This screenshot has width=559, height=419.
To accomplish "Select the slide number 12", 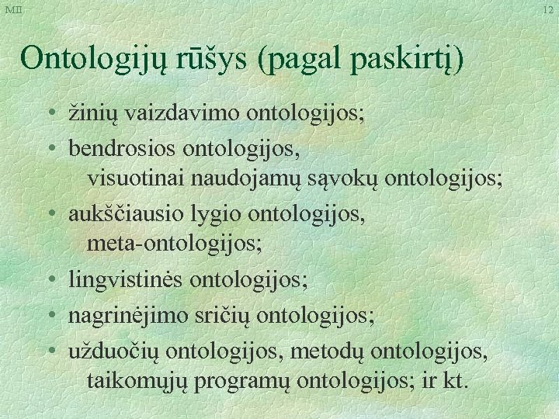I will (548, 9).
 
